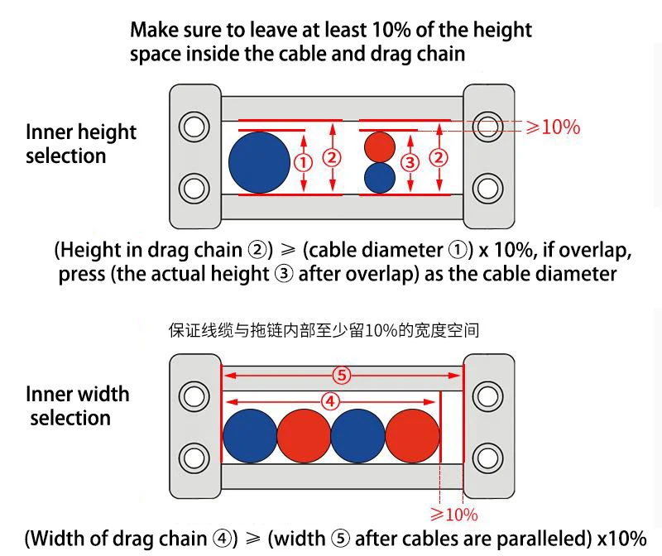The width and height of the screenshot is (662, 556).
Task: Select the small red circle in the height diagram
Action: pyautogui.click(x=380, y=146)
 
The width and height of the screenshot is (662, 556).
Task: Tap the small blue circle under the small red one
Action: pyautogui.click(x=380, y=177)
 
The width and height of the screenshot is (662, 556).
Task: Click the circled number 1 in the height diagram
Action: pyautogui.click(x=304, y=162)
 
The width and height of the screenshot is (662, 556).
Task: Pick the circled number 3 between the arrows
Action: pyautogui.click(x=409, y=162)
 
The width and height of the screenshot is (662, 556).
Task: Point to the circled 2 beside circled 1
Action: pyautogui.click(x=332, y=158)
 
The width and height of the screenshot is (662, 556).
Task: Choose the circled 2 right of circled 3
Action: pyautogui.click(x=439, y=158)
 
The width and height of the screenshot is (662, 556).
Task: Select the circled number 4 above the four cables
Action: pyautogui.click(x=331, y=401)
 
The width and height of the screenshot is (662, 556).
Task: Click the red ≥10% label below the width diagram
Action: pyautogui.click(x=454, y=515)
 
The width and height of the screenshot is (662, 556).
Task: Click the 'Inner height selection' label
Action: pyautogui.click(x=80, y=144)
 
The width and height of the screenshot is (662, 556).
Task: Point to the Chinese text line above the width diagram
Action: pyautogui.click(x=324, y=331)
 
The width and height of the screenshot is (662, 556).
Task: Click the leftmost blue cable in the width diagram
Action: pyautogui.click(x=250, y=435)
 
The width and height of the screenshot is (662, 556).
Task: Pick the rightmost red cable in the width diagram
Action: pyautogui.click(x=412, y=435)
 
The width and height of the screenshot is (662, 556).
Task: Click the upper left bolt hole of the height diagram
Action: pyautogui.click(x=194, y=127)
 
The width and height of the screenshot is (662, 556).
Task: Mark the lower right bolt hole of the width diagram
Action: pyautogui.click(x=489, y=456)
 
